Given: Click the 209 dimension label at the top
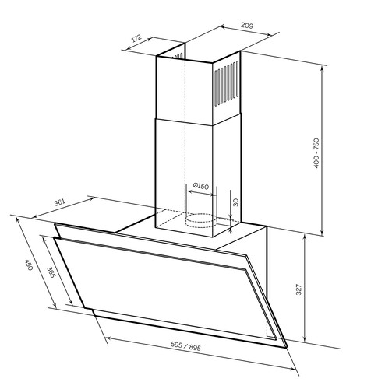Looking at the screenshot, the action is (x=247, y=26).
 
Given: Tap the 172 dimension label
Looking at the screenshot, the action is (x=136, y=38).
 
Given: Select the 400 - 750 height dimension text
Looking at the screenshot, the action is (x=316, y=153).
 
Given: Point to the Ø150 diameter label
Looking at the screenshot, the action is (x=201, y=186).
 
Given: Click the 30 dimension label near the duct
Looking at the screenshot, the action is (x=235, y=202).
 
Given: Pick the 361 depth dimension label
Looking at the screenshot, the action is (x=59, y=202).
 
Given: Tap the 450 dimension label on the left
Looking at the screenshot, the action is (x=29, y=265).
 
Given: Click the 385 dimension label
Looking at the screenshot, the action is (x=51, y=272).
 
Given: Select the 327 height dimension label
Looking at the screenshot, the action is (x=298, y=289).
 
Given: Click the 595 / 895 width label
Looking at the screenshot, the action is (x=185, y=346).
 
